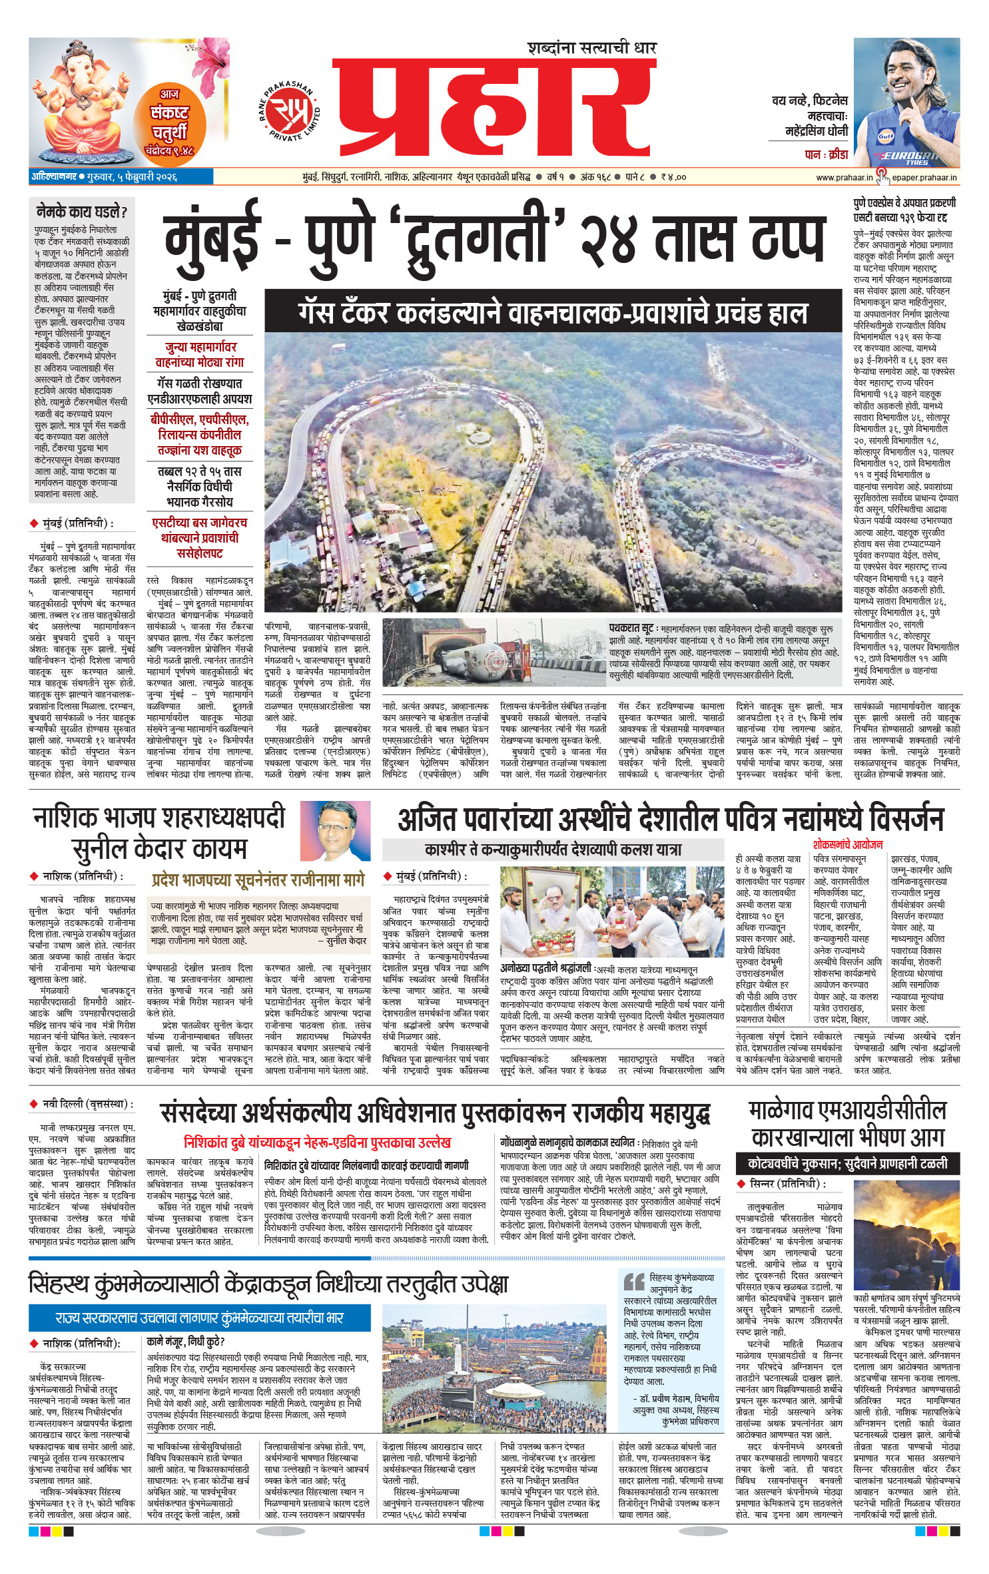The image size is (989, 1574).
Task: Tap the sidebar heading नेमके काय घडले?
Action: (x=81, y=212)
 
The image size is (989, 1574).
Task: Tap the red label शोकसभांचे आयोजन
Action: (x=847, y=844)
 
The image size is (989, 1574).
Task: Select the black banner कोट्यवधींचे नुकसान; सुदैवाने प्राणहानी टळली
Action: (x=847, y=1164)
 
